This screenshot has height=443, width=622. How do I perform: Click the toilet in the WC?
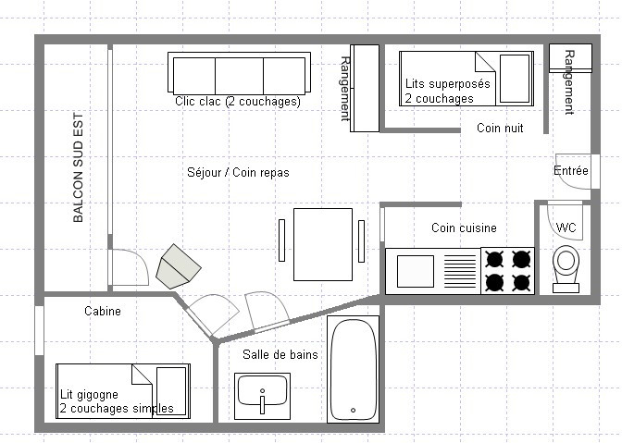(566, 269)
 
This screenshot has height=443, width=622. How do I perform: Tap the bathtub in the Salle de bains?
(353, 369)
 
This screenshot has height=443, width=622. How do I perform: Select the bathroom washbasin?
(262, 396)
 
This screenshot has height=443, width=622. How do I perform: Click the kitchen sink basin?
(416, 271)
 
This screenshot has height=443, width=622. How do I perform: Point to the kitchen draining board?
(460, 271)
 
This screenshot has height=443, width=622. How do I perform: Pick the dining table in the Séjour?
(323, 244)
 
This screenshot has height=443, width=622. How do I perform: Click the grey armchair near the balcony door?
(178, 266)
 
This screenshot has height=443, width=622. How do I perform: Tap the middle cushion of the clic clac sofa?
(239, 76)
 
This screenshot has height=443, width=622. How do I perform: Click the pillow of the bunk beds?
(515, 79)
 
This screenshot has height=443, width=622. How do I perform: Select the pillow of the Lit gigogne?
(171, 391)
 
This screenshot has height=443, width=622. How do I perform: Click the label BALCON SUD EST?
(78, 167)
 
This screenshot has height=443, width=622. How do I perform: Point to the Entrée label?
(571, 171)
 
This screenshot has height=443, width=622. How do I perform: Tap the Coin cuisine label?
(464, 228)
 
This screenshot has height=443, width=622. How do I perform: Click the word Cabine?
(103, 311)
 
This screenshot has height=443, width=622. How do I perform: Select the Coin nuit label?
(500, 128)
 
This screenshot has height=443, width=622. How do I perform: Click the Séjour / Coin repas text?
(238, 172)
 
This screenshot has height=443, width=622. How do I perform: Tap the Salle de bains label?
(280, 354)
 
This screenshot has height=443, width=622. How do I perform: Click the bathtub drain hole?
(353, 410)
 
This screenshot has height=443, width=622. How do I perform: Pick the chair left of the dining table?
(281, 240)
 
